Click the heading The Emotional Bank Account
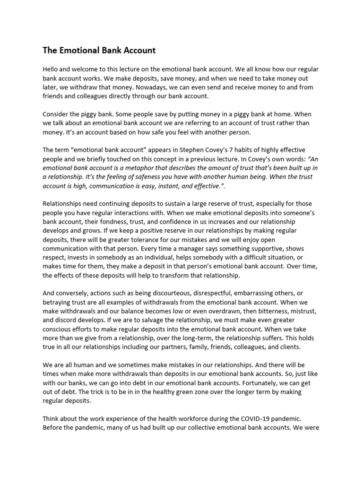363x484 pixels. (x=99, y=50)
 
